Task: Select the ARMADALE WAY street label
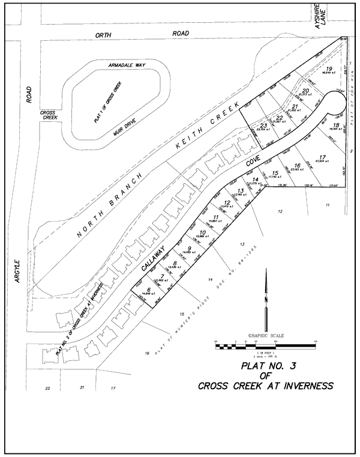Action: (x=128, y=64)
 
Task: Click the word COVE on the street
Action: (x=252, y=162)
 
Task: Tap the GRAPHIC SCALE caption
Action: (x=265, y=336)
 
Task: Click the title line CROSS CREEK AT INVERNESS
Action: (x=265, y=386)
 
